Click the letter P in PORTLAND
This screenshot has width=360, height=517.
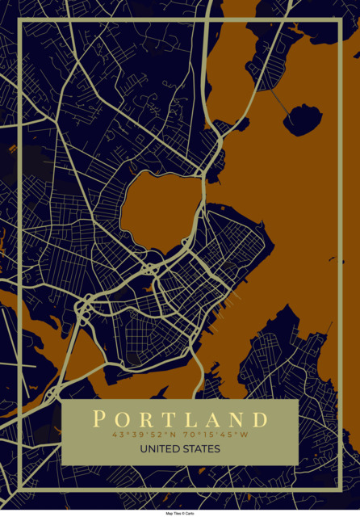pos(99,419)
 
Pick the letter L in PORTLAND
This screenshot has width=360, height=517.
pos(190,419)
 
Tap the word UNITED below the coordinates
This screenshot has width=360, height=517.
pos(157,449)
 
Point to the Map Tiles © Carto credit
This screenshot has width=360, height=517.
pos(180,513)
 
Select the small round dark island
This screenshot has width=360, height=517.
pos(303,119)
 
